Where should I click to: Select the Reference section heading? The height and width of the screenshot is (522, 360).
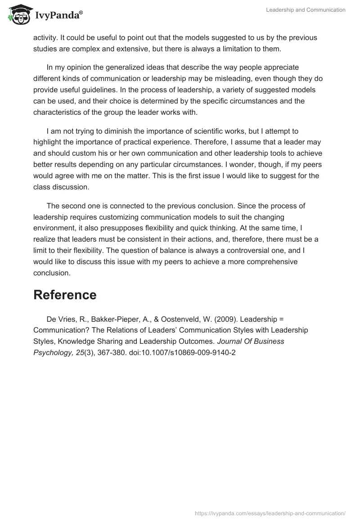tap(65, 295)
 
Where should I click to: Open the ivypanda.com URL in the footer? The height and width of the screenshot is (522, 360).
tap(270, 513)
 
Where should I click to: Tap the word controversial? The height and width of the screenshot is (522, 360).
tap(211, 250)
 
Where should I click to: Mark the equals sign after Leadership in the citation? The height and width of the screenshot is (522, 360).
tap(281, 319)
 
